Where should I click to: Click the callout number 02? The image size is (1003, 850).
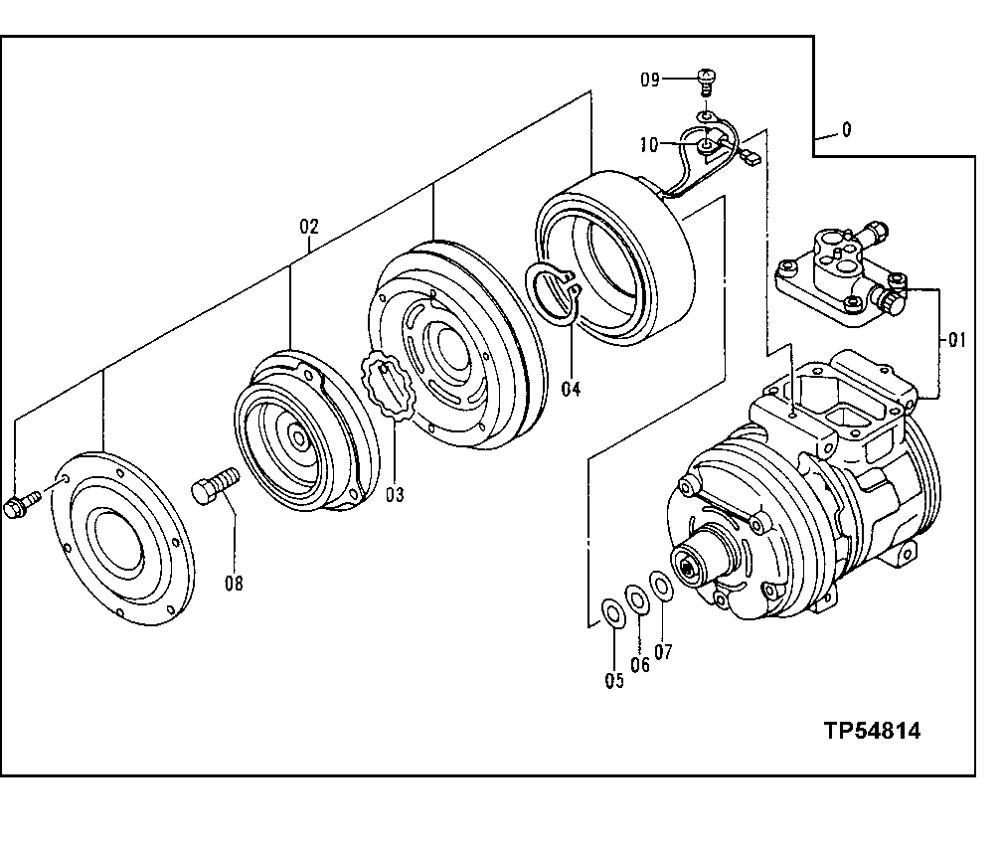308,226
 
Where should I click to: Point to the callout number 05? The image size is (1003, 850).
613,680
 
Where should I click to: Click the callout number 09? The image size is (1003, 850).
649,79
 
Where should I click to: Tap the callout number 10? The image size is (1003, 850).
649,145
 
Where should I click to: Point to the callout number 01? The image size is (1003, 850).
955,341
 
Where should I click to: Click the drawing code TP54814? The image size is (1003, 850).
871,732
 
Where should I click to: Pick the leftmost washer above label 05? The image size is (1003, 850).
612,611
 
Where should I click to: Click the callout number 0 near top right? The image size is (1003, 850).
846,129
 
